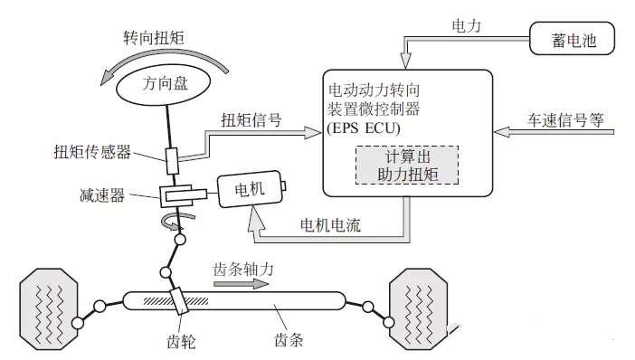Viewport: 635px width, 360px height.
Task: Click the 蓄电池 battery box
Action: (x=569, y=40)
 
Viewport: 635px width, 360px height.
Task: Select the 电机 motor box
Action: (x=249, y=192)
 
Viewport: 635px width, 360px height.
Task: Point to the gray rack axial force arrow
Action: (x=240, y=283)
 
